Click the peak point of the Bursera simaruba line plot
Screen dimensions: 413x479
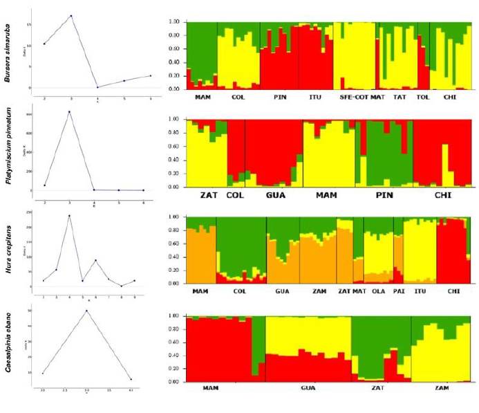71,16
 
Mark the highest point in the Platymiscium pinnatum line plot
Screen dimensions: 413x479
69,111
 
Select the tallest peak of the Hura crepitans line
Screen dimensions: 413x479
69,215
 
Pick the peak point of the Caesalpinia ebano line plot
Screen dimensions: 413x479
86,311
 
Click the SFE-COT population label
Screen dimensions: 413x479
354,98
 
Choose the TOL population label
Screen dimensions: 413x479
423,98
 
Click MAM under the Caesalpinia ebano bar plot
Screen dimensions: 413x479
211,388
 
